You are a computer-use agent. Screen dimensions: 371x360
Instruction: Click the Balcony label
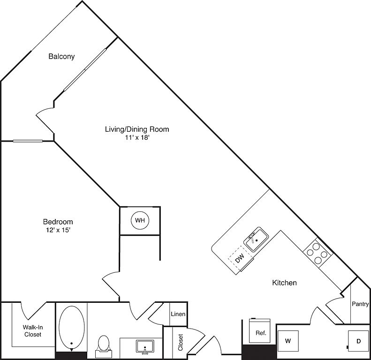61,56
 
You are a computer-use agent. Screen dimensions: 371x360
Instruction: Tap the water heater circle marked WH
140,220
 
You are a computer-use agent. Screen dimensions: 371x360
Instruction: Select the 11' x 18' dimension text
137,137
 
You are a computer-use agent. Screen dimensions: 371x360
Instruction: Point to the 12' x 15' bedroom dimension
58,230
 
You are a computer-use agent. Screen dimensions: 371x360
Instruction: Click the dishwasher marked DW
240,259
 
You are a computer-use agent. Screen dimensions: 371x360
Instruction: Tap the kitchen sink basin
256,240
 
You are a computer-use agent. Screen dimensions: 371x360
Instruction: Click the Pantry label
360,304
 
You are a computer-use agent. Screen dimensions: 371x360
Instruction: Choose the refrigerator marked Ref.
259,330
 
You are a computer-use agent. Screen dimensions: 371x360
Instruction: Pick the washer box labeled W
288,341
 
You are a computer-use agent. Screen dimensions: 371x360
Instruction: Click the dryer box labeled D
358,341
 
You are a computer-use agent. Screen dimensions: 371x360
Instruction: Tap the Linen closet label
178,314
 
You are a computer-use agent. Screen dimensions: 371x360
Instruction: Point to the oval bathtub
71,327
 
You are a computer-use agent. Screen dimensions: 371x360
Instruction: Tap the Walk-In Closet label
33,331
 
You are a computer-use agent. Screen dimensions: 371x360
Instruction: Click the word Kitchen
284,283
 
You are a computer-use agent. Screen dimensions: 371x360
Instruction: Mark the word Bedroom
58,222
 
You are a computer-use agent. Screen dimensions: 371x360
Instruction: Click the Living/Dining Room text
137,129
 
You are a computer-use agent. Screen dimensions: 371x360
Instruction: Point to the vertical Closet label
181,342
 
